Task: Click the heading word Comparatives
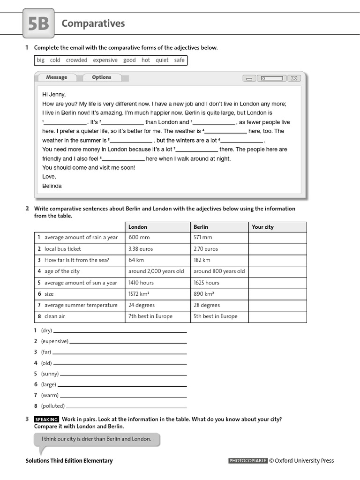tap(93, 23)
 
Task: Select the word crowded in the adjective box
tap(76, 60)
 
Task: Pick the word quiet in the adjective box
tap(162, 60)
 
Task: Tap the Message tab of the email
tap(57, 77)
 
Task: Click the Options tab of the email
tap(102, 77)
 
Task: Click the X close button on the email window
tap(294, 78)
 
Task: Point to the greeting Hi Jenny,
tap(54, 94)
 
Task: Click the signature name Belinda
tap(52, 186)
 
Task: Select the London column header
tap(138, 227)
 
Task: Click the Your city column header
tap(262, 227)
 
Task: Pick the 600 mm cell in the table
tap(139, 238)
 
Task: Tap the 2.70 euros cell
tap(206, 249)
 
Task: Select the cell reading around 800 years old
tap(219, 271)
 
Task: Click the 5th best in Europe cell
tap(215, 316)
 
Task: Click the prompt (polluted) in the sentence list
tap(52, 406)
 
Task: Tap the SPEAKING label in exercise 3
tap(46, 420)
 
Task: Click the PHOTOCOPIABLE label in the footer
tap(247, 461)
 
